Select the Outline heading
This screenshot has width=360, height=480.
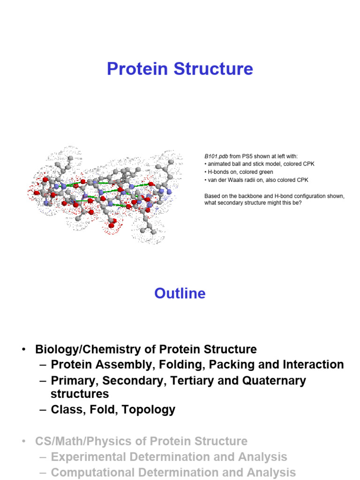[x=180, y=293]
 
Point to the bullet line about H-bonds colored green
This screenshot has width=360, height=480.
[x=239, y=172]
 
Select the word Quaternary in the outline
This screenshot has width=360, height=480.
[x=274, y=381]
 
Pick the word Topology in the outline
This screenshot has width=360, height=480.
[x=150, y=410]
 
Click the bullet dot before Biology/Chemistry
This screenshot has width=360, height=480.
[x=22, y=350]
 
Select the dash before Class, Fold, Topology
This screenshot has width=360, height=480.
[x=43, y=410]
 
